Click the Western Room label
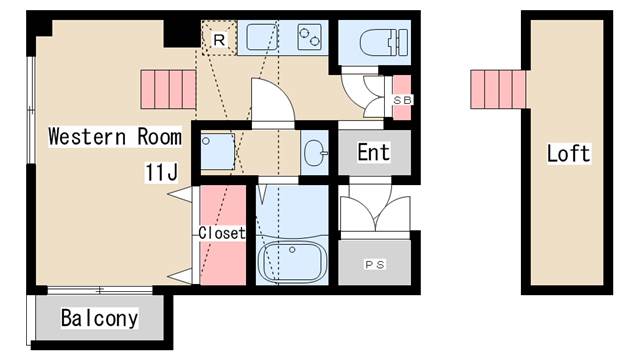click(x=115, y=137)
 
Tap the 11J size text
click(x=162, y=172)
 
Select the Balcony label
click(x=100, y=318)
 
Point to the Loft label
click(x=569, y=153)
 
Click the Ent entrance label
click(x=373, y=152)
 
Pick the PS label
click(x=375, y=265)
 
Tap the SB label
click(x=402, y=100)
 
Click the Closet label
click(x=222, y=233)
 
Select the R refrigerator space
click(x=219, y=38)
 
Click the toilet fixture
click(x=384, y=42)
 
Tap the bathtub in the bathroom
click(x=291, y=261)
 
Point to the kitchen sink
click(x=262, y=38)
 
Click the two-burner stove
click(x=309, y=37)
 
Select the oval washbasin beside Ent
click(x=316, y=153)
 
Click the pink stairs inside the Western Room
click(x=168, y=89)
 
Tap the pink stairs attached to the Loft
click(x=498, y=89)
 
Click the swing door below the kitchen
click(x=272, y=100)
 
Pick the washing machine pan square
click(x=218, y=151)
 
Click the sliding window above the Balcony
click(x=100, y=290)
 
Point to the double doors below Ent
click(x=375, y=213)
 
